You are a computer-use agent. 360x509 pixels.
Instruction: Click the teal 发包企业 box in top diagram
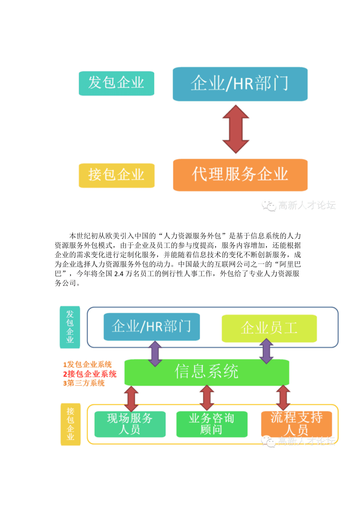pos(116,83)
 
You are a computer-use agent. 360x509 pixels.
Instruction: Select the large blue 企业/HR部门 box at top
pos(240,84)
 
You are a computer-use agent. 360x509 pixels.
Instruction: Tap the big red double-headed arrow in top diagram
pos(236,129)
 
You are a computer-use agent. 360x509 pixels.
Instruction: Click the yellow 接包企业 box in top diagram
pos(117,175)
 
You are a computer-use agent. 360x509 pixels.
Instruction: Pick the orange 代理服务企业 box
pos(240,175)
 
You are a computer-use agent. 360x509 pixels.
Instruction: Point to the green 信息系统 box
pos(207,372)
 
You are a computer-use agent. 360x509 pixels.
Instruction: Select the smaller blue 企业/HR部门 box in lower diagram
pos(151,326)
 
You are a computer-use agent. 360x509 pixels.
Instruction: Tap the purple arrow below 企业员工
pos(266,351)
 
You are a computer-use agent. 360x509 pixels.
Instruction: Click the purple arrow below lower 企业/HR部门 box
pos(155,353)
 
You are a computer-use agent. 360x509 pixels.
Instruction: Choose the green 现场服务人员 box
pos(130,424)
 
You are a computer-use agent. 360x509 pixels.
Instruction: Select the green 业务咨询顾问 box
pos(211,424)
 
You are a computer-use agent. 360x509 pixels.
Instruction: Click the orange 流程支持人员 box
pos(296,423)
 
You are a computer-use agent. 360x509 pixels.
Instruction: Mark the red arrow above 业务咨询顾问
pos(207,398)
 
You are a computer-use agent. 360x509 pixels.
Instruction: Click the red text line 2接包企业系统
pos(90,374)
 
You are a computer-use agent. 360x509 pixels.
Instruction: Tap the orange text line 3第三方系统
pos(84,384)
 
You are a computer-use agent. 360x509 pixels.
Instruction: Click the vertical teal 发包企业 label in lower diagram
pos(70,327)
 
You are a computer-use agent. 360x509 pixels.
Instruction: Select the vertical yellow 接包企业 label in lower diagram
pos(70,424)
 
